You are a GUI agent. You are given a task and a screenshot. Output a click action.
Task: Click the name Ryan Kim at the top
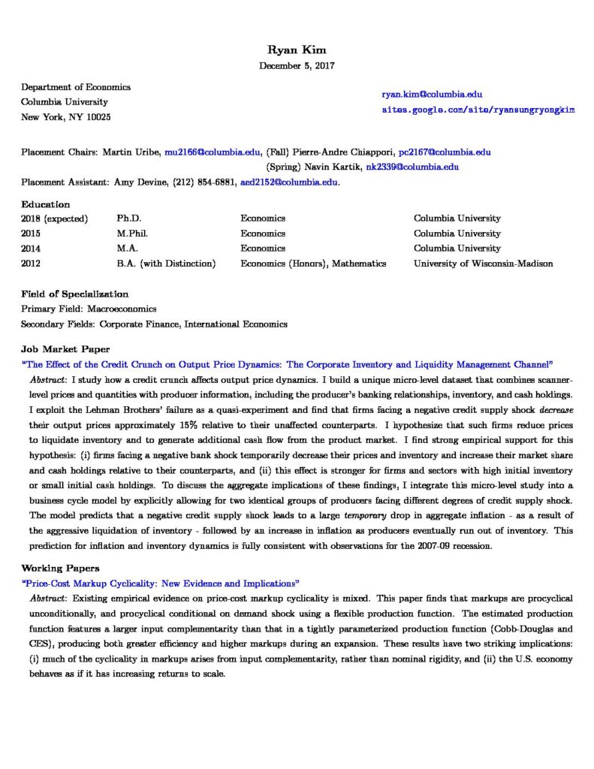point(297,50)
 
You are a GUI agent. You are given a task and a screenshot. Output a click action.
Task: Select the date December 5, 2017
point(297,65)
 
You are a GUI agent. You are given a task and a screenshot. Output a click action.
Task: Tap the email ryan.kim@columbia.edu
point(432,95)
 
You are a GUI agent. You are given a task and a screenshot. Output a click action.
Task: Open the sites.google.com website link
point(478,110)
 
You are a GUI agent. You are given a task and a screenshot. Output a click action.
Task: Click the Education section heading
point(45,204)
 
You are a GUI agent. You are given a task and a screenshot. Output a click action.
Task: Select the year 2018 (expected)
point(55,219)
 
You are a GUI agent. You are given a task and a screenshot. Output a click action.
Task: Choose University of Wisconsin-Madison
point(483,264)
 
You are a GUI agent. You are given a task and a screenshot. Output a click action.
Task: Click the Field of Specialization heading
point(74,294)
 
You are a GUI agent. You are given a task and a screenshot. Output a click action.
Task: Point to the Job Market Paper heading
point(65,349)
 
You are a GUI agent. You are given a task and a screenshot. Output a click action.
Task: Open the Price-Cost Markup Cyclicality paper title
point(161,583)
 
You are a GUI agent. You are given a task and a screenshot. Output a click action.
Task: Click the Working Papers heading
point(59,568)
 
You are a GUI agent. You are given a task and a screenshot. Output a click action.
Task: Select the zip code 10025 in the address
point(98,117)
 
